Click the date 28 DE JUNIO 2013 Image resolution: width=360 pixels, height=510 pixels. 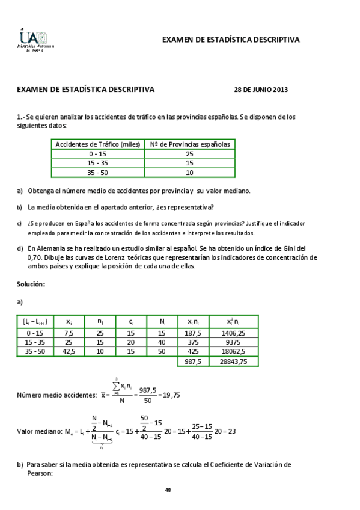(260, 90)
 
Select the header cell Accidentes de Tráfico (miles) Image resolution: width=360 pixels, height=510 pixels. (98, 144)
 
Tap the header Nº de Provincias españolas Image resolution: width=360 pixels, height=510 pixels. (189, 144)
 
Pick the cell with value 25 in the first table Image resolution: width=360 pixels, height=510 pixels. (189, 154)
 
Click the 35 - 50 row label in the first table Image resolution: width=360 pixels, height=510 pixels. (98, 173)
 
